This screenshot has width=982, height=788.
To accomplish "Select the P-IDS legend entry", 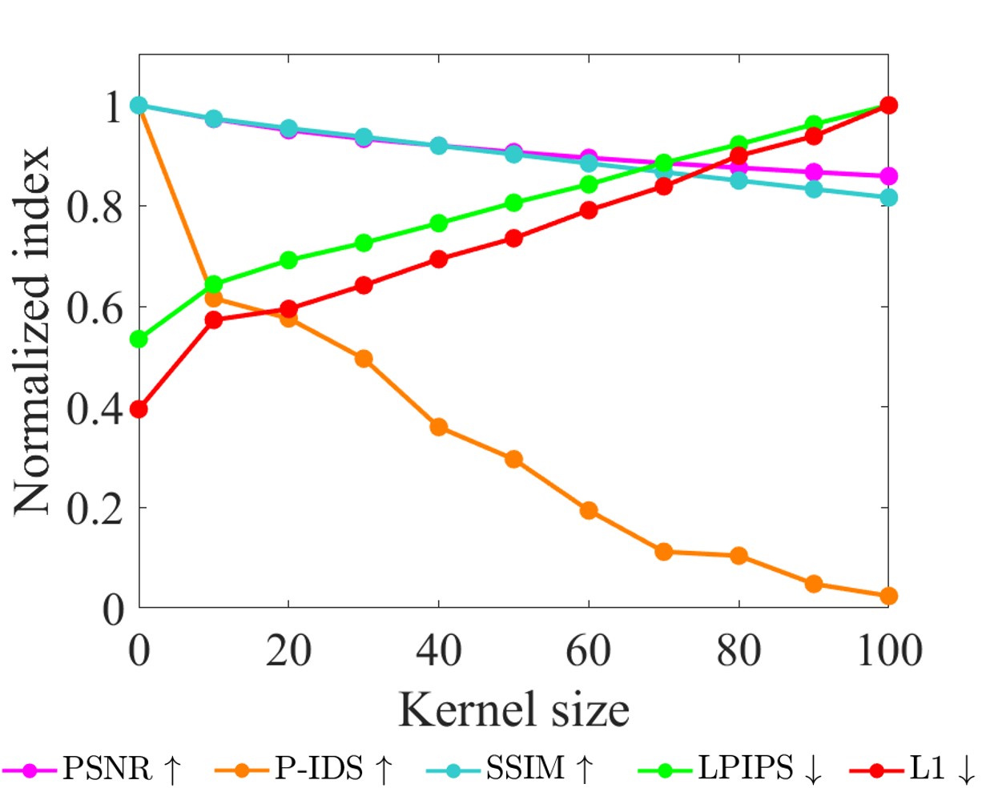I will (x=304, y=770).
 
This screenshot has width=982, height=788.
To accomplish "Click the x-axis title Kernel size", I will (x=513, y=710).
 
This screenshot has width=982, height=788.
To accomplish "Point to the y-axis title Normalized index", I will (x=33, y=331).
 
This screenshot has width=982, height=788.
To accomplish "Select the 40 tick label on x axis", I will (x=438, y=650).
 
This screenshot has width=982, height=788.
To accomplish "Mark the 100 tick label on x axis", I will (x=887, y=650).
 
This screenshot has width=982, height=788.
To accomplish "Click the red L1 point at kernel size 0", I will (x=139, y=409).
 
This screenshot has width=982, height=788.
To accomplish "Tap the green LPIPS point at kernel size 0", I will (x=139, y=340).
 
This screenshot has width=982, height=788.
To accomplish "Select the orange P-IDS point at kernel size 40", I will (x=439, y=427).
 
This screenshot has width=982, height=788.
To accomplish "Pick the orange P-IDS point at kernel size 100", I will (x=888, y=596).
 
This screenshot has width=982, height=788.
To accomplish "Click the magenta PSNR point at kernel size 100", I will (x=888, y=176).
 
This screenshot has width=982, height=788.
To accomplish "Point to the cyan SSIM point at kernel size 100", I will (x=888, y=197).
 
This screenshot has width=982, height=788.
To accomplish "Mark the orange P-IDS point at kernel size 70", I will (x=663, y=551).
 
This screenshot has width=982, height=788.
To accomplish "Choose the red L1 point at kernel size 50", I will (x=514, y=239).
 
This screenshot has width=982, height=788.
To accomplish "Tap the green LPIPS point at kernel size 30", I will (x=364, y=243).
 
